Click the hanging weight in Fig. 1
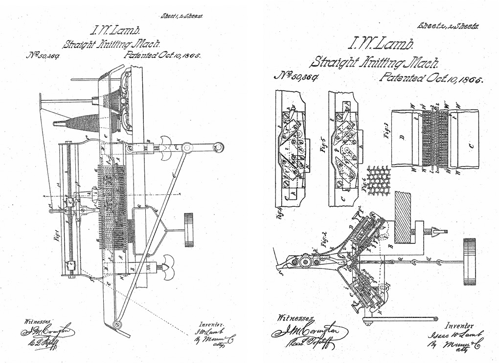tap(188, 230)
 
